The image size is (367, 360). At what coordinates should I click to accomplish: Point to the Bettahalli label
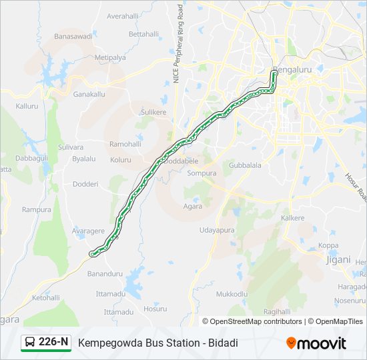tap(143, 34)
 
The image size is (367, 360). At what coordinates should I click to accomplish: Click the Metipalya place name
tap(110, 58)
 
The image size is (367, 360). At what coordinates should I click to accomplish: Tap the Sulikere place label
tap(153, 113)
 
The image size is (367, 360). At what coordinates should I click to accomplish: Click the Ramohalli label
tap(125, 144)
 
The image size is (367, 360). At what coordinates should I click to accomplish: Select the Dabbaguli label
tap(31, 159)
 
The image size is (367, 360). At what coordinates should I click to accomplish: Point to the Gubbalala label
tap(245, 165)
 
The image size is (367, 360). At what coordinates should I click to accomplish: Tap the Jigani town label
tap(338, 259)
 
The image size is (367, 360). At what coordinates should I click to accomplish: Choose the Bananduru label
tap(105, 273)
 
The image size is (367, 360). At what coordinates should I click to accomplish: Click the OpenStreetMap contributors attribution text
tap(256, 321)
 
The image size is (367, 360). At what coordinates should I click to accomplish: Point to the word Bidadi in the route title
tap(222, 343)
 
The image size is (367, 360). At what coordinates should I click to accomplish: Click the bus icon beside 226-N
tap(30, 343)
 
